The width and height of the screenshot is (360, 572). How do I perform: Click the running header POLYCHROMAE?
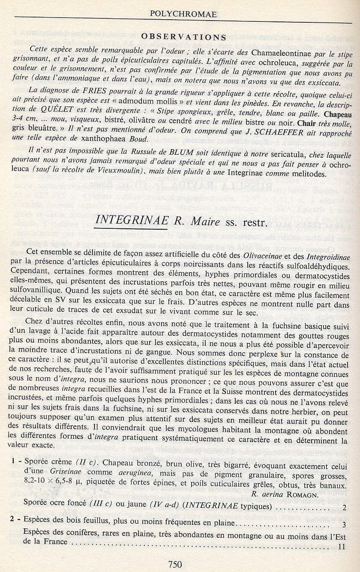(x=183, y=15)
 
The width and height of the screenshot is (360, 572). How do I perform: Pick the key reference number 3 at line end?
(x=344, y=524)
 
